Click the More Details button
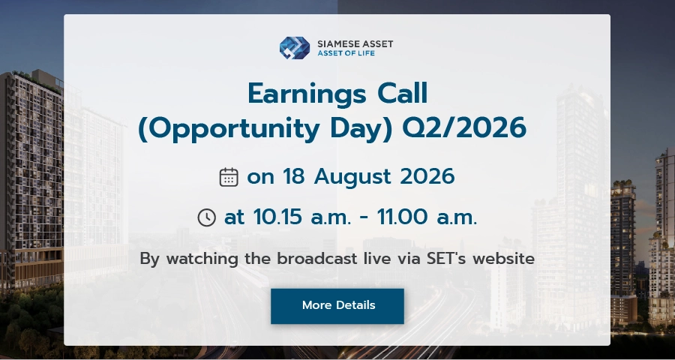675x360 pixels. point(337,306)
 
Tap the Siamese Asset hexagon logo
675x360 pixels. point(295,48)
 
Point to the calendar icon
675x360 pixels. point(229,177)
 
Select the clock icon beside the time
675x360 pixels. point(207,217)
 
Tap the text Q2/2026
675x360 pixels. point(464,128)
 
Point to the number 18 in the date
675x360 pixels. point(293,176)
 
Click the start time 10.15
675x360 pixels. point(277,217)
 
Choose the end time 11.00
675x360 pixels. point(402,217)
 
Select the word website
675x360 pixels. point(503,259)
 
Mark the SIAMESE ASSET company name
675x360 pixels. point(355,44)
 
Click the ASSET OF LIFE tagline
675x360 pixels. point(346,53)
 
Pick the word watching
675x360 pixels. point(202,259)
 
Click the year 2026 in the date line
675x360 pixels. point(427,176)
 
